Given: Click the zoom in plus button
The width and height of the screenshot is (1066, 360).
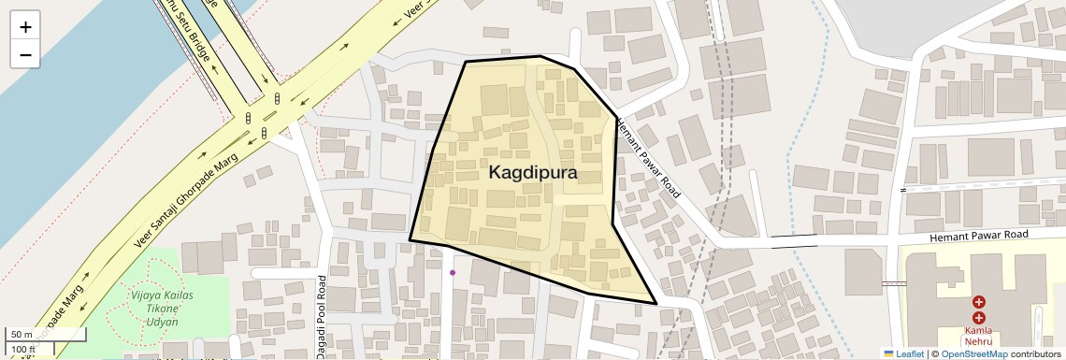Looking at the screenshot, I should (x=25, y=27).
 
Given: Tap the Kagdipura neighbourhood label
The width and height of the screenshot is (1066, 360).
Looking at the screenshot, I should (x=533, y=173).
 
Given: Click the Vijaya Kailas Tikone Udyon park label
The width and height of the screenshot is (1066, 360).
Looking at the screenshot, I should (x=154, y=308).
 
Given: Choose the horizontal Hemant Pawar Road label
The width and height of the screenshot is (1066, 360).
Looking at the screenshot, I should (x=978, y=236).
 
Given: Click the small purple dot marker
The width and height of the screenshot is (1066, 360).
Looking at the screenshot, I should (x=453, y=273).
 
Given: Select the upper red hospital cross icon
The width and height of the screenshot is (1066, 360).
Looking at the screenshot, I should (x=978, y=302).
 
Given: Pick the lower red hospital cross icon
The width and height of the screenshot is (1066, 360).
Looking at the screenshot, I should (x=978, y=318).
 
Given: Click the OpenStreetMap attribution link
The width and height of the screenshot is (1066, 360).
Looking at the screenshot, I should (x=973, y=353).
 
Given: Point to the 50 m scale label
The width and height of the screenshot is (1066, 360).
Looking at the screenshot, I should (x=22, y=334).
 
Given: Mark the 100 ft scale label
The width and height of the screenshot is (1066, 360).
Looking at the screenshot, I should (x=24, y=350).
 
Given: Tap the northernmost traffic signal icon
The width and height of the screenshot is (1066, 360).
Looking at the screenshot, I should (x=278, y=97).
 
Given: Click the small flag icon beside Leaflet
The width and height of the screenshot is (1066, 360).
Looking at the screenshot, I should (x=889, y=353).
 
